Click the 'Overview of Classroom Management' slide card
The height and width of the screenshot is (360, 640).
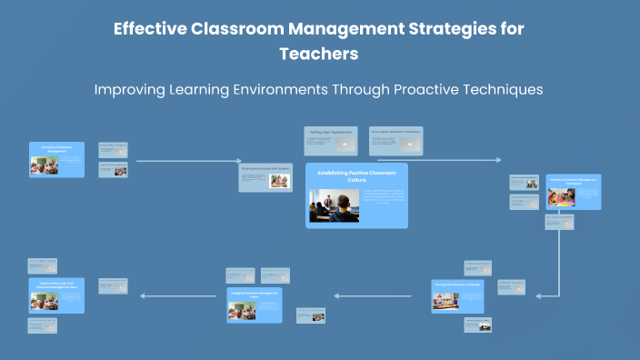pyautogui.click(x=56, y=159)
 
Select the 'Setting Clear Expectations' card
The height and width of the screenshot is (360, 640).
pyautogui.click(x=329, y=140)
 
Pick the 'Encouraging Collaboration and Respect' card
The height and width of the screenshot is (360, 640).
pyautogui.click(x=395, y=139)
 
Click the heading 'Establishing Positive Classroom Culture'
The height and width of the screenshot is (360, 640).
pyautogui.click(x=356, y=175)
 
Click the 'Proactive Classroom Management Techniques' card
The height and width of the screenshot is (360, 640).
pyautogui.click(x=573, y=192)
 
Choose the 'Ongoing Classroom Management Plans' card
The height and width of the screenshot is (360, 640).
pyautogui.click(x=255, y=305)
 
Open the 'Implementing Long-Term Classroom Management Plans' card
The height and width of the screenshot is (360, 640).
pyautogui.click(x=56, y=295)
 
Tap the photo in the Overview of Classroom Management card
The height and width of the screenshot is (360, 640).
pyautogui.click(x=43, y=165)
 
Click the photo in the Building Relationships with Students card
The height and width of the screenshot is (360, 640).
pyautogui.click(x=279, y=180)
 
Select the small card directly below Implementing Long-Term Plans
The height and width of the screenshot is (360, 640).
pyautogui.click(x=42, y=325)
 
